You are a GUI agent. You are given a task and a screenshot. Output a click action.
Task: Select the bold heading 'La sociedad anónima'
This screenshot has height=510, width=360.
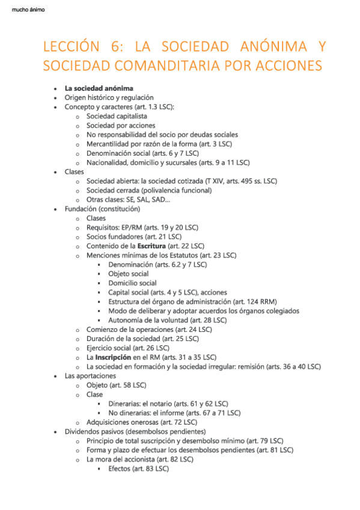coord(99,88)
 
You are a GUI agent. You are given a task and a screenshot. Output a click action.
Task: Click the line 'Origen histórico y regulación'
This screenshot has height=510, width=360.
coord(109,97)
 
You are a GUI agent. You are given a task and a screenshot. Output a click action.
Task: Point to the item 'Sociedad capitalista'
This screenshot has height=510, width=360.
coord(117,116)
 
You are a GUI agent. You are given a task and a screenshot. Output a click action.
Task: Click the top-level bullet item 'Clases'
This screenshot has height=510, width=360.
coord(75,171)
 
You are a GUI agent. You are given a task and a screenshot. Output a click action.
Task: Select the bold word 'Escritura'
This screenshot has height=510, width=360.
coord(151,246)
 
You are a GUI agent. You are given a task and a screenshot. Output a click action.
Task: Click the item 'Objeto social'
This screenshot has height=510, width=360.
coord(128,274)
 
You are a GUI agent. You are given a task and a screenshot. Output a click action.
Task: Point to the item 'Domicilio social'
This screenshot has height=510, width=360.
coord(132,283)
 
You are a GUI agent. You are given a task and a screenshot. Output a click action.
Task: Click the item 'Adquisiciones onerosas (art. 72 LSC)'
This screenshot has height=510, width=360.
coord(144,422)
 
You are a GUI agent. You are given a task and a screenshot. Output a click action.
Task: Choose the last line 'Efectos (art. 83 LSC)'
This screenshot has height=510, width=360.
coord(138,469)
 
